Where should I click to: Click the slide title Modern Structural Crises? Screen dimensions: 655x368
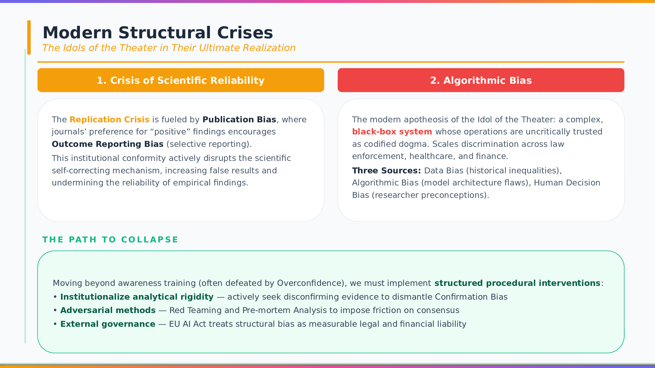click(158, 33)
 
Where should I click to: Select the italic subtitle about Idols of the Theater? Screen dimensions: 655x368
click(169, 48)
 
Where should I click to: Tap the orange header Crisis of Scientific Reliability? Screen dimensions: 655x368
click(181, 80)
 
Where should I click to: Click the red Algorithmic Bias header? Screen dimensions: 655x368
click(481, 80)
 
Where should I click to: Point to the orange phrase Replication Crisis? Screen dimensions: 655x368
click(109, 119)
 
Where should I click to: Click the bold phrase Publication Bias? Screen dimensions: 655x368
click(239, 119)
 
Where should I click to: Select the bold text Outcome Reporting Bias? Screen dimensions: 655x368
click(107, 144)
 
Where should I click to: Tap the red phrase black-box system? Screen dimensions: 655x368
click(392, 131)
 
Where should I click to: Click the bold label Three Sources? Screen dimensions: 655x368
click(386, 170)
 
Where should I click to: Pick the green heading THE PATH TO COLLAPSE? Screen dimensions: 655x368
click(110, 239)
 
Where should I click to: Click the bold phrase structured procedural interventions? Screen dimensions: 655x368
click(517, 283)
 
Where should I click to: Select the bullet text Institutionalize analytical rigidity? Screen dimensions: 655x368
click(137, 297)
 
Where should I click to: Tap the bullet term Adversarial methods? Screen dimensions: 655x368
click(108, 310)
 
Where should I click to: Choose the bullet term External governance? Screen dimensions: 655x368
click(108, 324)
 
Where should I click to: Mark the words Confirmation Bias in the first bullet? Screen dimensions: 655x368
click(471, 297)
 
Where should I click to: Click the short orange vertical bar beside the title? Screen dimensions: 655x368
click(29, 37)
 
